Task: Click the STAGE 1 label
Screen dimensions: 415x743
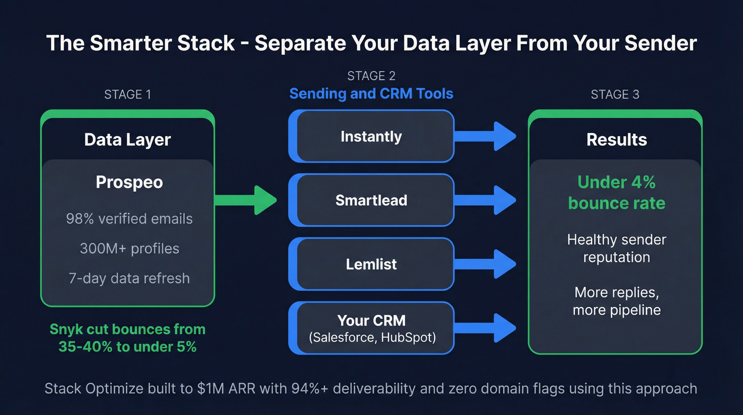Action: pyautogui.click(x=127, y=95)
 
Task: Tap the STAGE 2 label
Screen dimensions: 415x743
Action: pyautogui.click(x=371, y=76)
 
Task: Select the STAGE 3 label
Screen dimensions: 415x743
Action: pyautogui.click(x=615, y=95)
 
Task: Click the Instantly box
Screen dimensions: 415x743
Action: pyautogui.click(x=371, y=137)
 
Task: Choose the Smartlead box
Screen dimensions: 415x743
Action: pyautogui.click(x=371, y=200)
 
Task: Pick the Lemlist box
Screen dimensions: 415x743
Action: pyautogui.click(x=371, y=264)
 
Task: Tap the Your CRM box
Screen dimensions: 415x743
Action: pyautogui.click(x=371, y=328)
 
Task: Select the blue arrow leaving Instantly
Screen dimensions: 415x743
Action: pyautogui.click(x=486, y=137)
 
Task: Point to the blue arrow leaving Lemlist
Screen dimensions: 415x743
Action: pyautogui.click(x=486, y=264)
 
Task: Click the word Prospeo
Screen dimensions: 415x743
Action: pyautogui.click(x=129, y=182)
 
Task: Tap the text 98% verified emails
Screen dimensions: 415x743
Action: pyautogui.click(x=129, y=218)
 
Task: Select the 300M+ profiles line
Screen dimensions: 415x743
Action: pyautogui.click(x=129, y=248)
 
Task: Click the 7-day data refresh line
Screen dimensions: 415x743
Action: pyautogui.click(x=129, y=278)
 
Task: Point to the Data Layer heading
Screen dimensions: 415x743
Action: pyautogui.click(x=127, y=140)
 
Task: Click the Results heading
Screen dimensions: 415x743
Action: pyautogui.click(x=616, y=140)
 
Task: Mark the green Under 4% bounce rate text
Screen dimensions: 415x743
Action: pyautogui.click(x=616, y=192)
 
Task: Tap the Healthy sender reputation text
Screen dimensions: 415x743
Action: pyautogui.click(x=616, y=248)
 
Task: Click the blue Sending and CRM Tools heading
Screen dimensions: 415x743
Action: pyautogui.click(x=371, y=94)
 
